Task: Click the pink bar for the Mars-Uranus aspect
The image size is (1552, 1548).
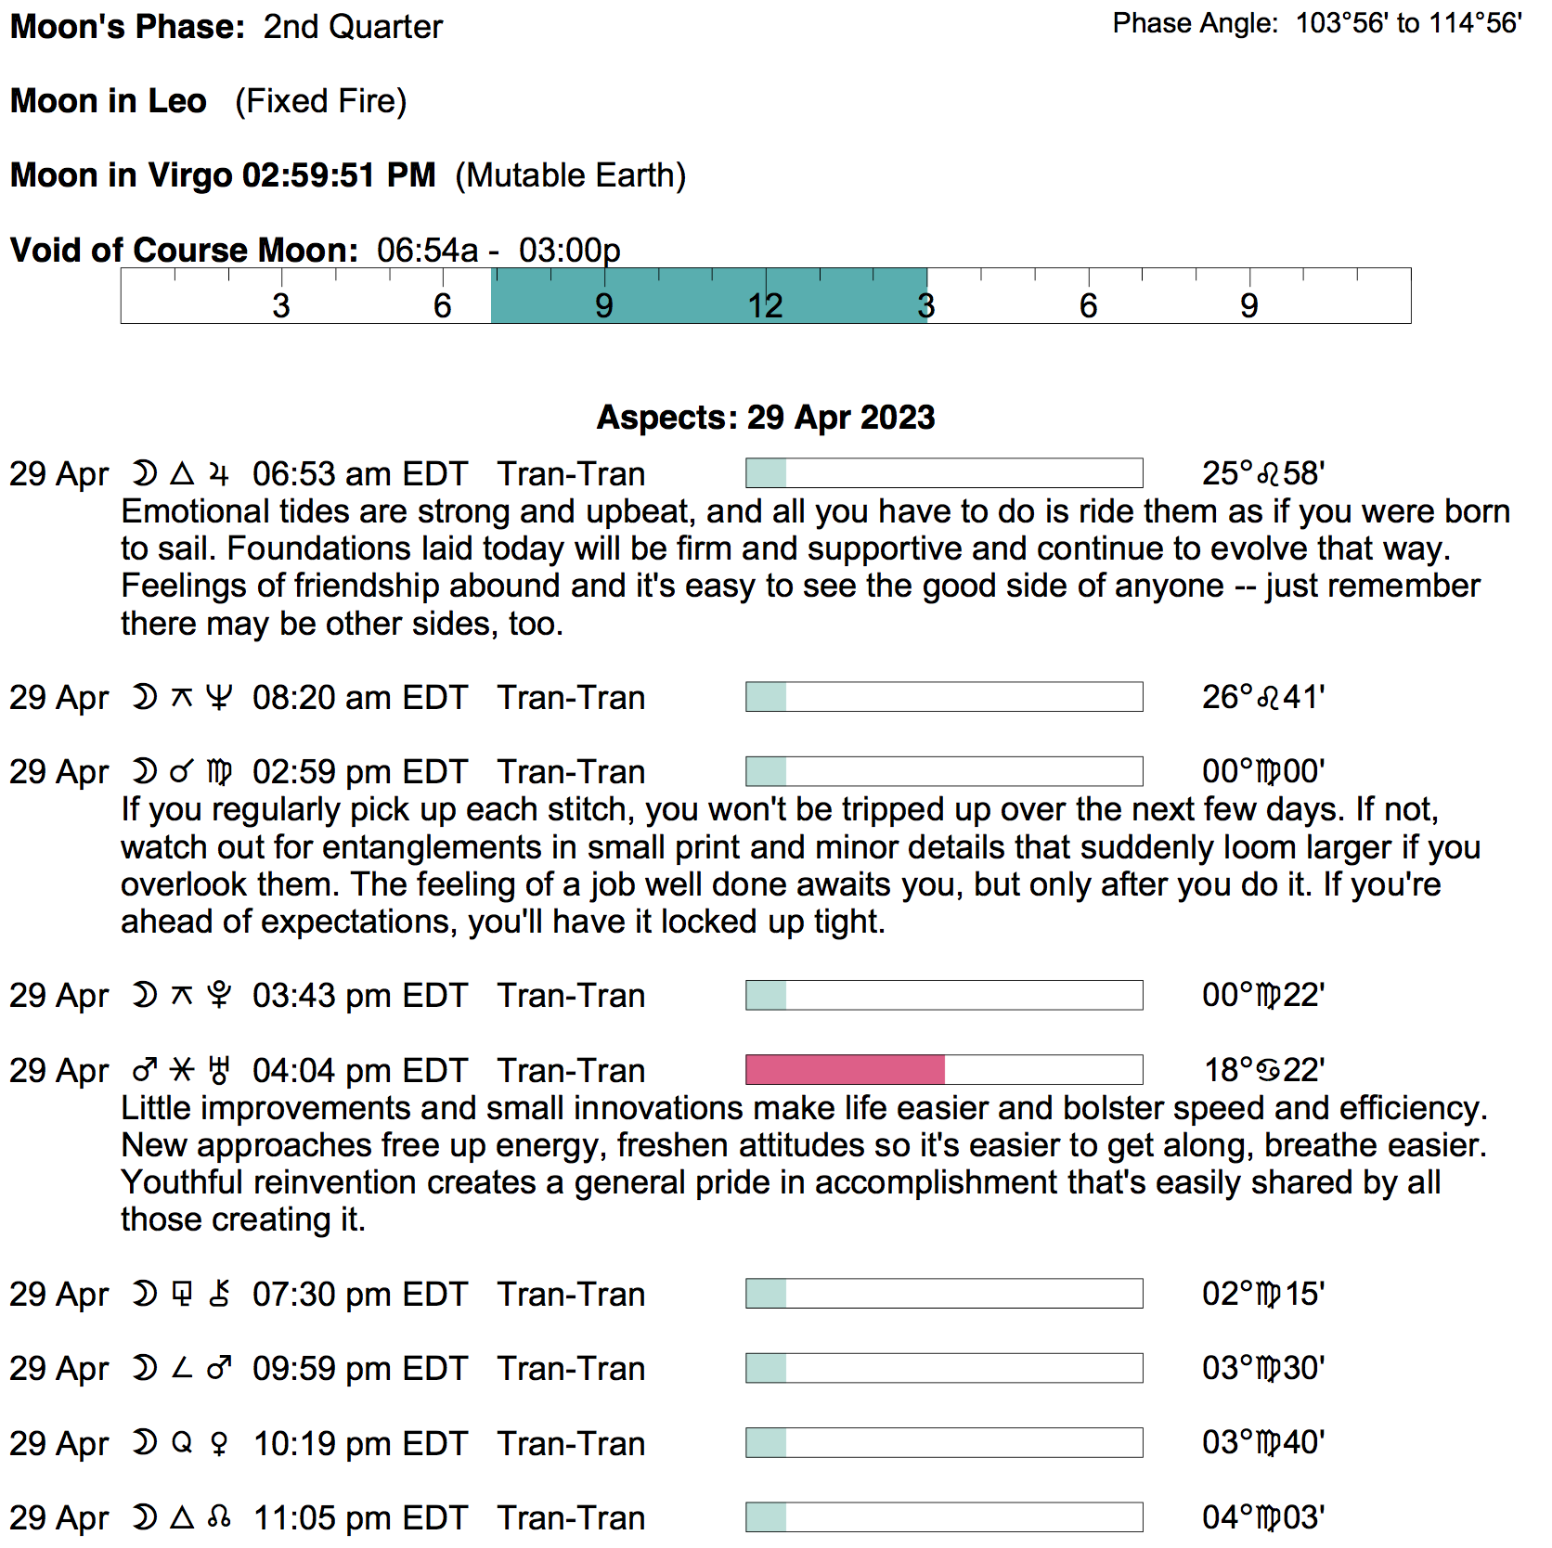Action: point(845,1070)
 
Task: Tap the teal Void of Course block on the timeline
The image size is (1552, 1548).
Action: point(708,296)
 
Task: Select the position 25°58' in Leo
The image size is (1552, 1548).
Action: point(1262,474)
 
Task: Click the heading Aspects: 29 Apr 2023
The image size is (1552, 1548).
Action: point(766,418)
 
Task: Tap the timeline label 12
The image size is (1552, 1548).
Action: point(766,305)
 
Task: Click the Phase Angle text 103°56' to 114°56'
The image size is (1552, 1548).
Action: point(1408,23)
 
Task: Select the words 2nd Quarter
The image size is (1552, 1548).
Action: point(353,27)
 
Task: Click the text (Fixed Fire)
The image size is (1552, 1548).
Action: point(320,101)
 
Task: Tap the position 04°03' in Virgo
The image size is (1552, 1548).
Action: point(1262,1518)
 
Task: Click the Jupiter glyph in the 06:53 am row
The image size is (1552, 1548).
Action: point(219,474)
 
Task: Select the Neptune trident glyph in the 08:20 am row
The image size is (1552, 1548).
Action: point(219,698)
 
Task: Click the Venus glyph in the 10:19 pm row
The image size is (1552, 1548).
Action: point(219,1444)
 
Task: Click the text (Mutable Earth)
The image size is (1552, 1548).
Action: point(571,175)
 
